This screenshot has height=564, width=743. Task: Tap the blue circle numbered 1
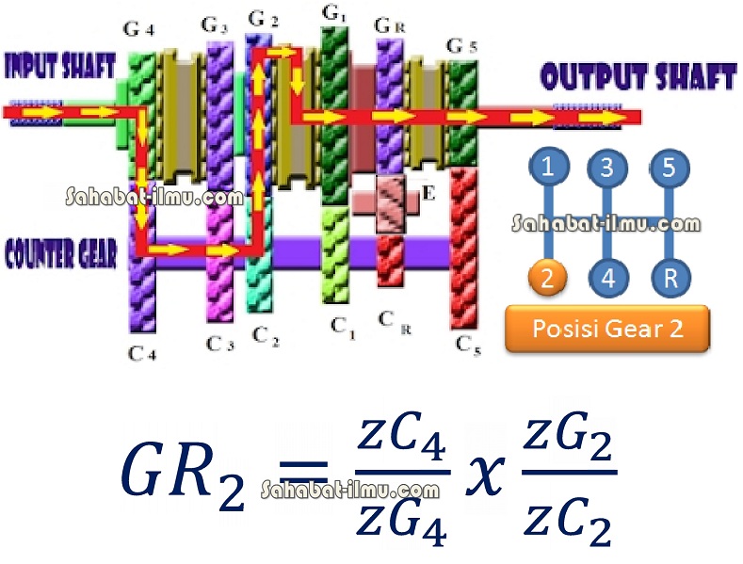coord(547,169)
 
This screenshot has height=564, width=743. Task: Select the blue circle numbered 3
coord(607,169)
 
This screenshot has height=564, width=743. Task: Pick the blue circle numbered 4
coord(607,278)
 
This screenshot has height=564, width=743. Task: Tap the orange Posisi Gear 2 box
coord(607,329)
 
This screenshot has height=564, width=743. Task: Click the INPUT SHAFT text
coord(60,66)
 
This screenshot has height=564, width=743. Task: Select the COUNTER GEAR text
coord(61,254)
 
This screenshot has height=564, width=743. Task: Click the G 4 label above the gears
coord(139,29)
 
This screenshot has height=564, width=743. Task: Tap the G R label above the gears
coord(390,24)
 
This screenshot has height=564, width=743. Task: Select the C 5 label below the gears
coord(468,345)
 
